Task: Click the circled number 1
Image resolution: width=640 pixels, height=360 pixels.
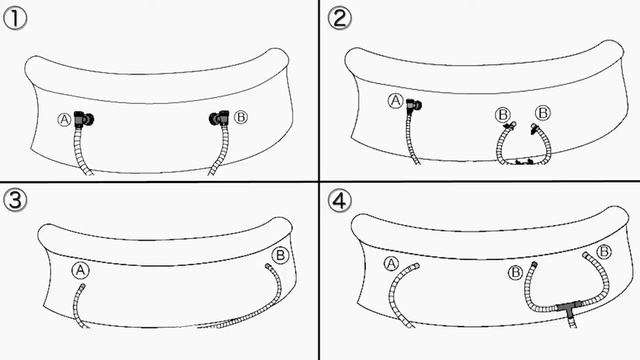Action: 15,19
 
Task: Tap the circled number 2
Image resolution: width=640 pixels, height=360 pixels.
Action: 340,19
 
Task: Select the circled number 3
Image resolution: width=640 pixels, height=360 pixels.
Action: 15,201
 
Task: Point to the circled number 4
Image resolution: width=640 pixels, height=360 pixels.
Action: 340,201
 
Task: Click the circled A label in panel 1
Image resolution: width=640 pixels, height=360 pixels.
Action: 64,120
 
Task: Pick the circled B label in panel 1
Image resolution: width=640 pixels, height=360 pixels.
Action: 241,117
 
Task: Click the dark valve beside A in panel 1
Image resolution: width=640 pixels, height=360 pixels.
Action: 84,119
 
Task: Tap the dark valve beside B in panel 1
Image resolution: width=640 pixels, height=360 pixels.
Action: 219,118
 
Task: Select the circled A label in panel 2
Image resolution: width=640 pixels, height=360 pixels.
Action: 395,100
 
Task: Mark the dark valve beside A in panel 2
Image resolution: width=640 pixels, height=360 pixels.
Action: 414,106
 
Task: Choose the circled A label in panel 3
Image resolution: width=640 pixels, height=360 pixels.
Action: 80,270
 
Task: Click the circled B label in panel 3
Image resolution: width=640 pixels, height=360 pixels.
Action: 280,256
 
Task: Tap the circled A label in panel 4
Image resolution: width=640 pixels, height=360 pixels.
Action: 391,264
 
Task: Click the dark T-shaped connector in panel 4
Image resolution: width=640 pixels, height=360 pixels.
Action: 569,308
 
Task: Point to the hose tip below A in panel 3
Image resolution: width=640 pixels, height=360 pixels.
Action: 83,286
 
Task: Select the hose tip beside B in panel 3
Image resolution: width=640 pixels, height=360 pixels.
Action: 268,266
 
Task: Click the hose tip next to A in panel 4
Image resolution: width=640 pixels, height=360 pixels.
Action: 416,266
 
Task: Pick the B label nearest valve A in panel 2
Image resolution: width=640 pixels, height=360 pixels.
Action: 503,114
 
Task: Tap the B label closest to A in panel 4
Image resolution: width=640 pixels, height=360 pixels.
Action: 516,272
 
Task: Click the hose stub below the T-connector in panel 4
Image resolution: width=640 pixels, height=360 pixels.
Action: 573,323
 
